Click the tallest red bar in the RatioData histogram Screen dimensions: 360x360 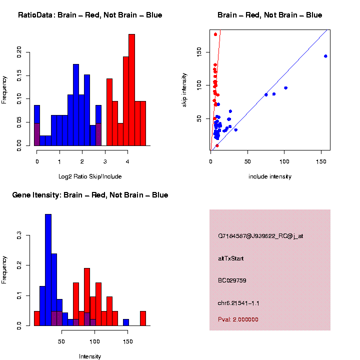point(132,90)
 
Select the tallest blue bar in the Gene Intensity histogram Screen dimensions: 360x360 point(48,270)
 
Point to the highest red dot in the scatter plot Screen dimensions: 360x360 point(215,34)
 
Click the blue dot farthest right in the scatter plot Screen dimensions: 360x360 point(325,56)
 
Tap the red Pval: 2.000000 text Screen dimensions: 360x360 point(238,319)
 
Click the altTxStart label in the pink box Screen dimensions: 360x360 point(230,258)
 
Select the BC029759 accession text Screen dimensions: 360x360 point(232,280)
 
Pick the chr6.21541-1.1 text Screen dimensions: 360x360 point(238,303)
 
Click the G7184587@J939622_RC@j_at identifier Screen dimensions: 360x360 point(260,236)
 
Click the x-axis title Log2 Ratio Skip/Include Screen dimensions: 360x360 point(90,176)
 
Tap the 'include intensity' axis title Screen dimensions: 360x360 point(270,176)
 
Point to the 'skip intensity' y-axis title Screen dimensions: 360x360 point(184,90)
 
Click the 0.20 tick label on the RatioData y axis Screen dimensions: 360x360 point(19,52)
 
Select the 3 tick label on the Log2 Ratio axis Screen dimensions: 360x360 point(105,161)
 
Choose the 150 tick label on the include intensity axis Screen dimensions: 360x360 point(321,161)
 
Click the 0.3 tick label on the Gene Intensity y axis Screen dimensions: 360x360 point(19,235)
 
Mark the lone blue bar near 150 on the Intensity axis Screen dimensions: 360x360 point(126,322)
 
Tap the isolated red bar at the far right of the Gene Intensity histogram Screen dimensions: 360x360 point(143,318)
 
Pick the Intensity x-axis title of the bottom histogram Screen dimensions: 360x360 point(90,356)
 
